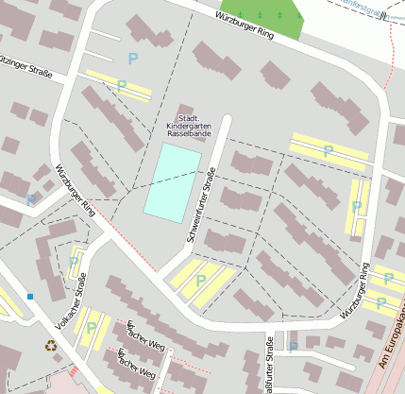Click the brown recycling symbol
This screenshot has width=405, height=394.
tap(52, 346)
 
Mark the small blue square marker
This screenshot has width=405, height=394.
tap(30, 297)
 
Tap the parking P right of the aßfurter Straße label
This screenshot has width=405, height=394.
tap(293, 347)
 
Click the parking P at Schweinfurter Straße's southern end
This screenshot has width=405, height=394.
tap(200, 281)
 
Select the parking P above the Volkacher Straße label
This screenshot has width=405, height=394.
tap(74, 262)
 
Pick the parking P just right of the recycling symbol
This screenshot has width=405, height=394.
tap(91, 328)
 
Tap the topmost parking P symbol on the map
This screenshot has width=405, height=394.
tap(132, 59)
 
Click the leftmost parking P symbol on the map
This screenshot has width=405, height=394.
tap(30, 199)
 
